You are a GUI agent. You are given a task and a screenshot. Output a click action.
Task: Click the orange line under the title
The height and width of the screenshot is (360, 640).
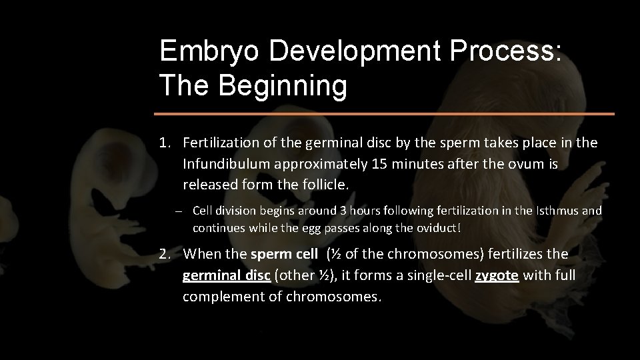[386, 114]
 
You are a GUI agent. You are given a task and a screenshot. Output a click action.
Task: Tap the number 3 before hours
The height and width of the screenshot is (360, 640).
[343, 211]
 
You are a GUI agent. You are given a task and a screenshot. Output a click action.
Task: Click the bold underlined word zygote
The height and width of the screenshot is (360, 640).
[497, 275]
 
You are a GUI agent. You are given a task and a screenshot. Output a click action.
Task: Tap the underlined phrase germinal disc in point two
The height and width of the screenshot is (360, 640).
[227, 275]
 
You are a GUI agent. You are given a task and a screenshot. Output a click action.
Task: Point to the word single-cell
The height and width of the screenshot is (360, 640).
[436, 275]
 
